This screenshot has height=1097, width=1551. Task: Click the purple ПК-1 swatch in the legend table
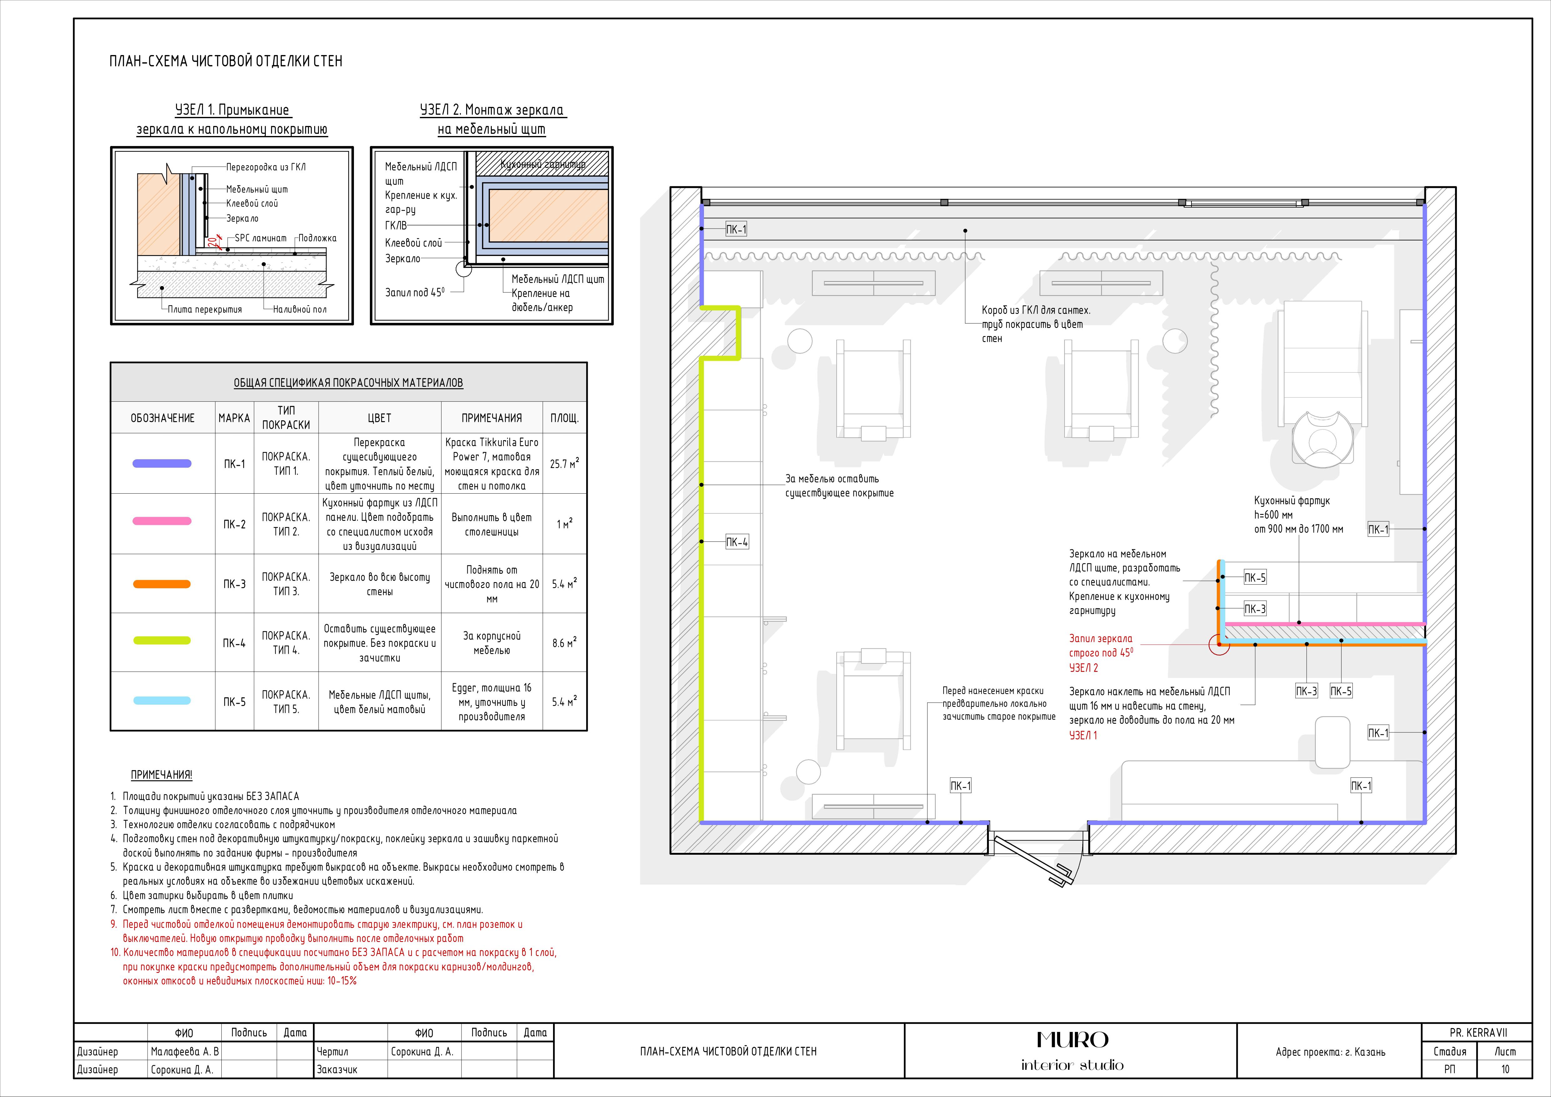tap(162, 463)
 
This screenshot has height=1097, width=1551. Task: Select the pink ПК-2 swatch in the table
tap(162, 521)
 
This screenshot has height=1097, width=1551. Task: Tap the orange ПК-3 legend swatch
tap(162, 584)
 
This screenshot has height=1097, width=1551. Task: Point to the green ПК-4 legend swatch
tap(162, 640)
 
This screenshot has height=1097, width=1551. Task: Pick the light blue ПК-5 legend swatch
tap(162, 701)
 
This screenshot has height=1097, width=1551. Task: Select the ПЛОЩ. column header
tap(564, 418)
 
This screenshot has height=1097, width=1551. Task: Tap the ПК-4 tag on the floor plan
tap(736, 542)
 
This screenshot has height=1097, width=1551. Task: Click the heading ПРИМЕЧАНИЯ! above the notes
tap(161, 775)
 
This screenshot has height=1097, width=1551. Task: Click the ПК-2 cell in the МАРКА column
tap(234, 524)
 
